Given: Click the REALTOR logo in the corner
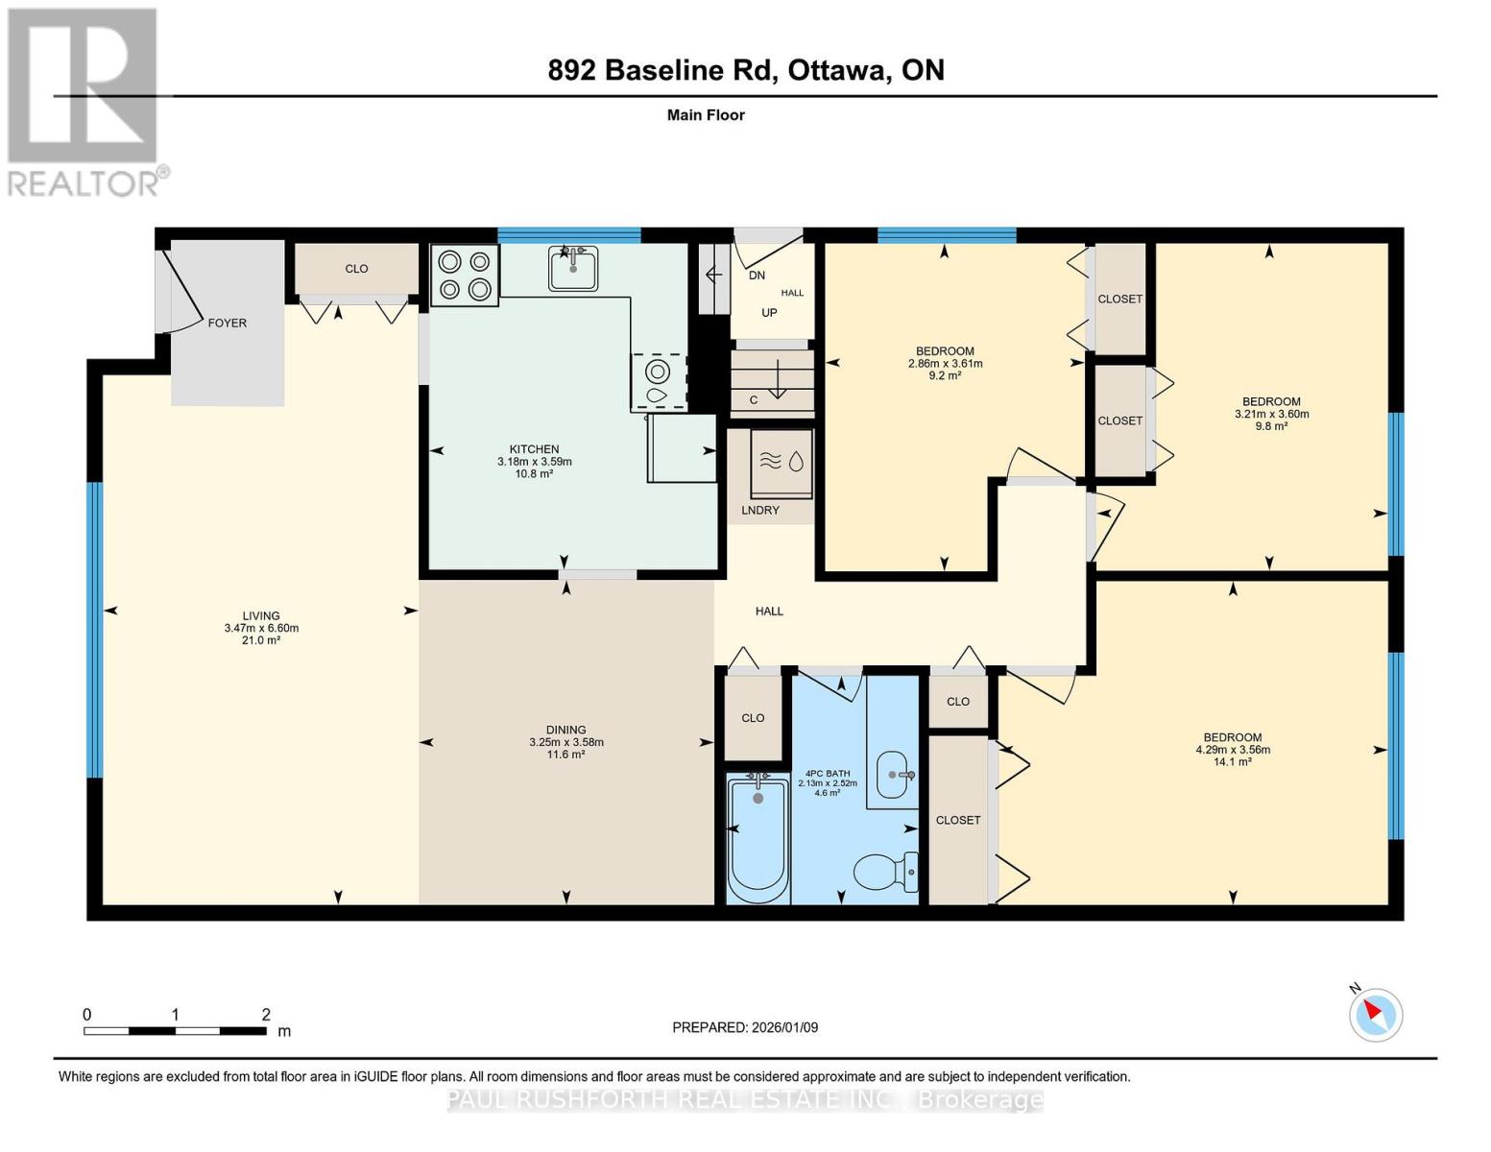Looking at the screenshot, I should pos(84,101).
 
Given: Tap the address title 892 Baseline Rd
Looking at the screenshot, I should pos(745,70).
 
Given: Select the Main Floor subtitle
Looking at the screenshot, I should pos(706,115).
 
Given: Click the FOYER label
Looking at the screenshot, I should pos(228,323).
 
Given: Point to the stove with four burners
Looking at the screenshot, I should pos(465,275).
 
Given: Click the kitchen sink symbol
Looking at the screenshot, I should pos(573,267).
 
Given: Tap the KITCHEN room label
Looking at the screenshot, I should pos(534,449).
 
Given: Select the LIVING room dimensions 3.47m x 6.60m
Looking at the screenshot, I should pos(261,628).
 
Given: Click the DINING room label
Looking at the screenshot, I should pos(565,730).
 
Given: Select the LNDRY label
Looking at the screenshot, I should pos(760,510).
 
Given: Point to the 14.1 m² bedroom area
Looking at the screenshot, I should pos(1233,762).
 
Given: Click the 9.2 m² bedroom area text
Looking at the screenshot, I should pos(945,375).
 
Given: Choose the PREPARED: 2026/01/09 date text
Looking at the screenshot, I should pos(745,1027).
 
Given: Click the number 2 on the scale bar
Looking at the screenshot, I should pos(266,1014).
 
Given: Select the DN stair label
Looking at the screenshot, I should pos(757,276).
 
